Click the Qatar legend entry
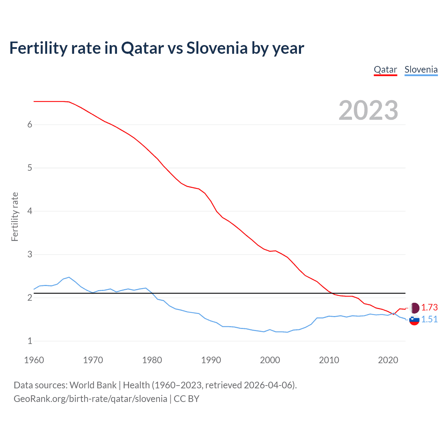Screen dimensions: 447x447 pyautogui.click(x=385, y=70)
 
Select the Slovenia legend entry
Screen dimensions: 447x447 pyautogui.click(x=421, y=70)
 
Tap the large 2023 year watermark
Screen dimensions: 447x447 pyautogui.click(x=368, y=110)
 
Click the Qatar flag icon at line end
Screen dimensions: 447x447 pyautogui.click(x=414, y=308)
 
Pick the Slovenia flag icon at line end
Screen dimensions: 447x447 pyautogui.click(x=414, y=320)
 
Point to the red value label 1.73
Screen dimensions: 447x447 pyautogui.click(x=429, y=307)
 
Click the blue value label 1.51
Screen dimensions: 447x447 pyautogui.click(x=429, y=319)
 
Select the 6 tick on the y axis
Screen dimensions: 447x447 pyautogui.click(x=30, y=125)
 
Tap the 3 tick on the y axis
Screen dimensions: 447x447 pyautogui.click(x=30, y=254)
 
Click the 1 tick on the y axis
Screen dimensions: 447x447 pyautogui.click(x=30, y=341)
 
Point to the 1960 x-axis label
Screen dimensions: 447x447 pyautogui.click(x=34, y=360)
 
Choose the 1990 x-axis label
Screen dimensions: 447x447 pyautogui.click(x=211, y=360)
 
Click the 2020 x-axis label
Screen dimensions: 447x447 pyautogui.click(x=388, y=360)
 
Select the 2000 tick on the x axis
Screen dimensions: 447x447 pyautogui.click(x=270, y=360)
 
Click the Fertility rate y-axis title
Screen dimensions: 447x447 pyautogui.click(x=15, y=217)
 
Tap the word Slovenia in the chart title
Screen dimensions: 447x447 pyautogui.click(x=217, y=48)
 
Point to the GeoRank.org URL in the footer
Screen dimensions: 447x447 pyautogui.click(x=90, y=399)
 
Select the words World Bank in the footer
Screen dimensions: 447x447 pyautogui.click(x=93, y=385)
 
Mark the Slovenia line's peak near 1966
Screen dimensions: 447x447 pyautogui.click(x=69, y=277)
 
